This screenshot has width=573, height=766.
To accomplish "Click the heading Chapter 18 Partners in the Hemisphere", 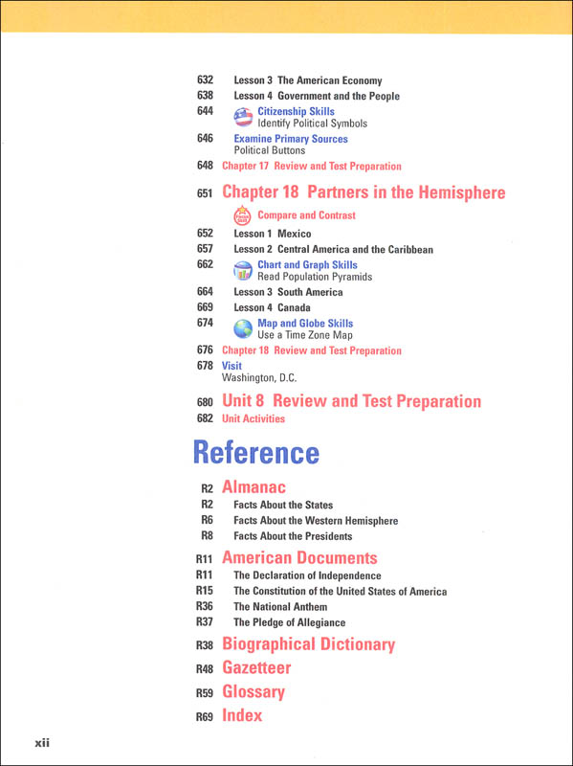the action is point(363,193).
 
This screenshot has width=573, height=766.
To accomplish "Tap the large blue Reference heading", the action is point(255,452).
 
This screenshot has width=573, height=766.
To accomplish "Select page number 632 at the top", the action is point(205,81).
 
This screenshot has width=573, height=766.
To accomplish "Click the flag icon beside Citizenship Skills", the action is point(243,117).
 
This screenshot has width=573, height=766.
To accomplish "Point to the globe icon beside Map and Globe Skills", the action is point(243,329).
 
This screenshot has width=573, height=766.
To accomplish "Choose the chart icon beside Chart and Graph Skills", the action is point(243,271).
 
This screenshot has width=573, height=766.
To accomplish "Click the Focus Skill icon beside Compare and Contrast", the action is point(243,215).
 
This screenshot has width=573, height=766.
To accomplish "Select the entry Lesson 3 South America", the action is point(288,292).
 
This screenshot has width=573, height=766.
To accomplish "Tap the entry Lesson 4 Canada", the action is point(275,307).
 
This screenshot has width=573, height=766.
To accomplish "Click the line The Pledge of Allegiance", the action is point(289,622).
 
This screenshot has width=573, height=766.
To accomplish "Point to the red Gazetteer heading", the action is point(255,668).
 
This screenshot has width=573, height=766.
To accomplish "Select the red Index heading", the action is point(241,715).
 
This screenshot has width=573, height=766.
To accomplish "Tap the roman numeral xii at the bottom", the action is point(41,742).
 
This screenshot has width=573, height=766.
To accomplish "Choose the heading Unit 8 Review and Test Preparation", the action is point(351,401).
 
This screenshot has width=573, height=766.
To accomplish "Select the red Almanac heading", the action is point(253,487).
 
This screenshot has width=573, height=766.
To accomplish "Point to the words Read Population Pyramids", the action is point(314,277).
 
